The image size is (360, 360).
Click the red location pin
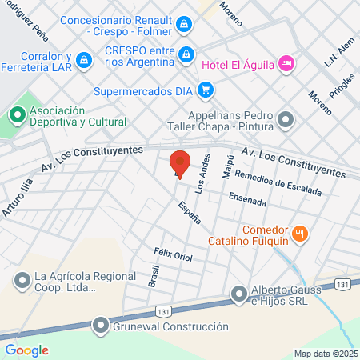tap(180, 162)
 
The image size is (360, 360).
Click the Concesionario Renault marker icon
tap(185, 24)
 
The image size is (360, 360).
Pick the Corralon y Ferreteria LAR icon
tap(104, 58)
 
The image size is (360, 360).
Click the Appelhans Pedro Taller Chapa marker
tap(287, 120)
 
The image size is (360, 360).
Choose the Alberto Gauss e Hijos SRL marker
tap(239, 294)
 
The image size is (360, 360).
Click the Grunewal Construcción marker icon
tap(100, 326)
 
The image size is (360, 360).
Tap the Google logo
tap(26, 350)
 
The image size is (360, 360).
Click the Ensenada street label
tap(247, 198)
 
